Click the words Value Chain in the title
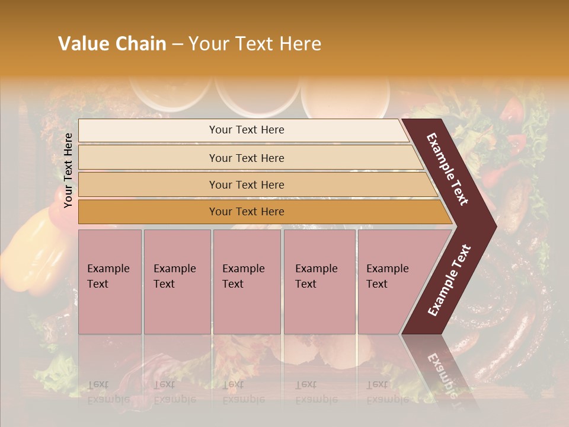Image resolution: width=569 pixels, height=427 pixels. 112,44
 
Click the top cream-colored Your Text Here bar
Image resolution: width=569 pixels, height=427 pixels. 247,130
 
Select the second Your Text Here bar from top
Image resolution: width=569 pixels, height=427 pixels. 247,158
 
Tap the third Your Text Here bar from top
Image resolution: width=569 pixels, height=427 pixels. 247,184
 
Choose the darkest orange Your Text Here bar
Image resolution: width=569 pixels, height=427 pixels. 247,212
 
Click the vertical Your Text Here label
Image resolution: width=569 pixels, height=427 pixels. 68,170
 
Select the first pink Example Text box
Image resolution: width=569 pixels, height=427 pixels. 110,282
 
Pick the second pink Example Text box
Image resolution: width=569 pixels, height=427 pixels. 177,282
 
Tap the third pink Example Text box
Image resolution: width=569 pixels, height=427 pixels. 247,282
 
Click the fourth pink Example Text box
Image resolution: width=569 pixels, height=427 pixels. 319,282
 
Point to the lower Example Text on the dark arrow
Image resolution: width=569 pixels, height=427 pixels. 449,281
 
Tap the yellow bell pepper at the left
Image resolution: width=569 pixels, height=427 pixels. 27,249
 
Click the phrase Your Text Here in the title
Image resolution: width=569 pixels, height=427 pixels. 255,44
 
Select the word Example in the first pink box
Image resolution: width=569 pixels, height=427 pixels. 108,269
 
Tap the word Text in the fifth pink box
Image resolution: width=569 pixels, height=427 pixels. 377,284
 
